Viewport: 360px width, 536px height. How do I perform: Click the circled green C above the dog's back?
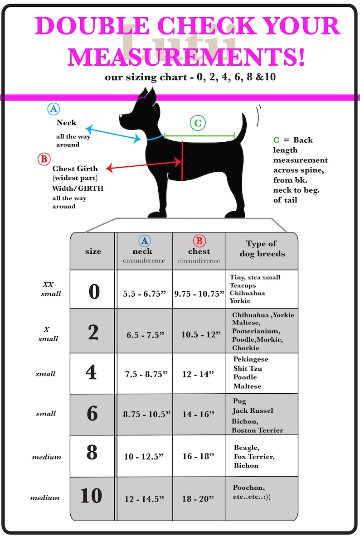point(198,123)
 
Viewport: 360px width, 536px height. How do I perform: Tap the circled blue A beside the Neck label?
point(54,109)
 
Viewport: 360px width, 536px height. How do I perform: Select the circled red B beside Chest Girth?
point(44,159)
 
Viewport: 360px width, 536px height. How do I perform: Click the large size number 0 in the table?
point(94,292)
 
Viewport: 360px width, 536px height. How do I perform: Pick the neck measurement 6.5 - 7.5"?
point(146,335)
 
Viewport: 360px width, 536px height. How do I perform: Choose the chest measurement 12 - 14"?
point(198,374)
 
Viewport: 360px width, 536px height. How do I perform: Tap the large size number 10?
point(92,496)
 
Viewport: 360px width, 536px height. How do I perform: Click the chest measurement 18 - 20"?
point(198,499)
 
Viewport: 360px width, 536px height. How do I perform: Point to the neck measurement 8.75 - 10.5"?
point(147,414)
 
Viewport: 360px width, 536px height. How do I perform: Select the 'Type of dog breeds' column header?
point(262,248)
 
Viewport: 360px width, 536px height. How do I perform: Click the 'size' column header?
point(93,251)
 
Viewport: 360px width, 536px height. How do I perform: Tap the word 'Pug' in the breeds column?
point(239,401)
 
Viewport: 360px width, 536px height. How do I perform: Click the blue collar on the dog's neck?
point(155,138)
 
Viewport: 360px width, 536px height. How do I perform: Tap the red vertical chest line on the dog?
point(182,161)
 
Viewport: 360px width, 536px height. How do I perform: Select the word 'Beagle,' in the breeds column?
point(246,448)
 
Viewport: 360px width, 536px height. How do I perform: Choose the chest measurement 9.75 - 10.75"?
point(199,294)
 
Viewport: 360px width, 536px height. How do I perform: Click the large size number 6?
point(92,413)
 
